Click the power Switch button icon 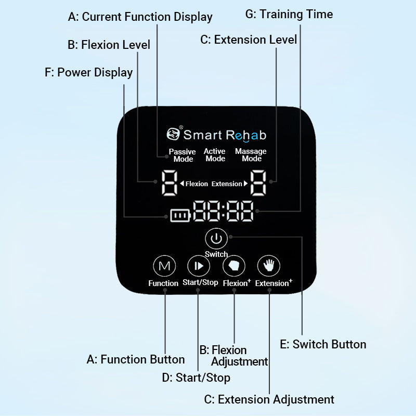tap(216, 239)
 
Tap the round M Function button tap(164, 266)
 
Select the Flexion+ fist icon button tap(233, 266)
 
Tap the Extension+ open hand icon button tap(269, 266)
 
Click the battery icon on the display tap(178, 215)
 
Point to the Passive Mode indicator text tap(183, 155)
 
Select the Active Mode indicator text tap(215, 155)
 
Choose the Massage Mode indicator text tap(251, 155)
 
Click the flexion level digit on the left tap(168, 183)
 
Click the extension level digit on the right tap(258, 183)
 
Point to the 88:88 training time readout tap(223, 212)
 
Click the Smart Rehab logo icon tap(173, 134)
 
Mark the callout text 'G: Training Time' tap(289, 14)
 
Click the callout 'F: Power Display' tap(88, 72)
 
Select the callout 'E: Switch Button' tap(322, 344)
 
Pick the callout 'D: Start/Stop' tap(196, 378)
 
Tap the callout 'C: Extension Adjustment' tap(269, 399)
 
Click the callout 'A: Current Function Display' tap(140, 17)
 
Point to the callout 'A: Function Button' tap(135, 359)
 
